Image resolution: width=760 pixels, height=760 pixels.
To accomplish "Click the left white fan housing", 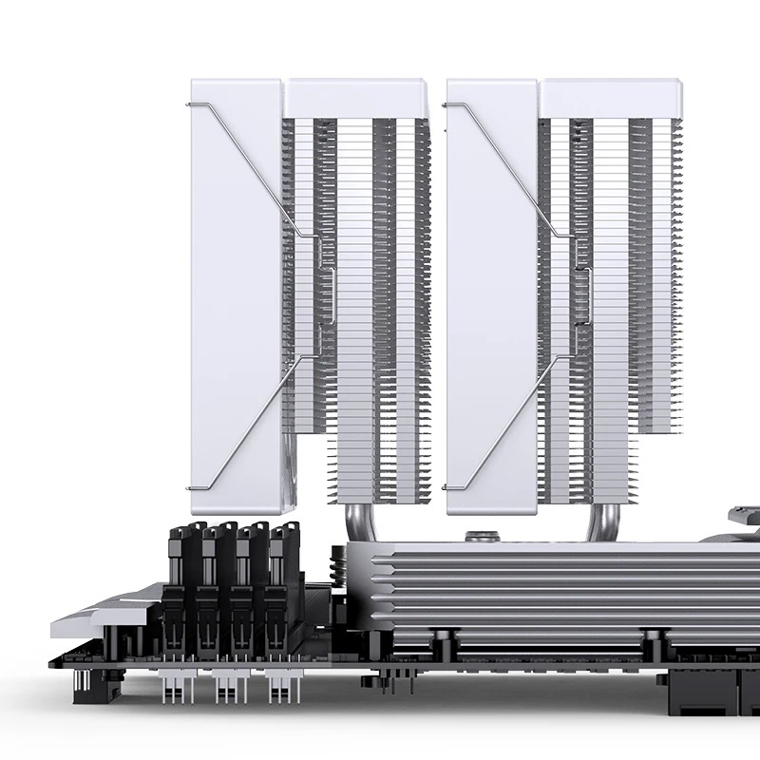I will pos(233,285).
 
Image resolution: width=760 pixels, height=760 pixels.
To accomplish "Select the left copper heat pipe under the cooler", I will pos(351,518).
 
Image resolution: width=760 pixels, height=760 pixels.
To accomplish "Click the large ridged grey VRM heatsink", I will pos(551,589).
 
